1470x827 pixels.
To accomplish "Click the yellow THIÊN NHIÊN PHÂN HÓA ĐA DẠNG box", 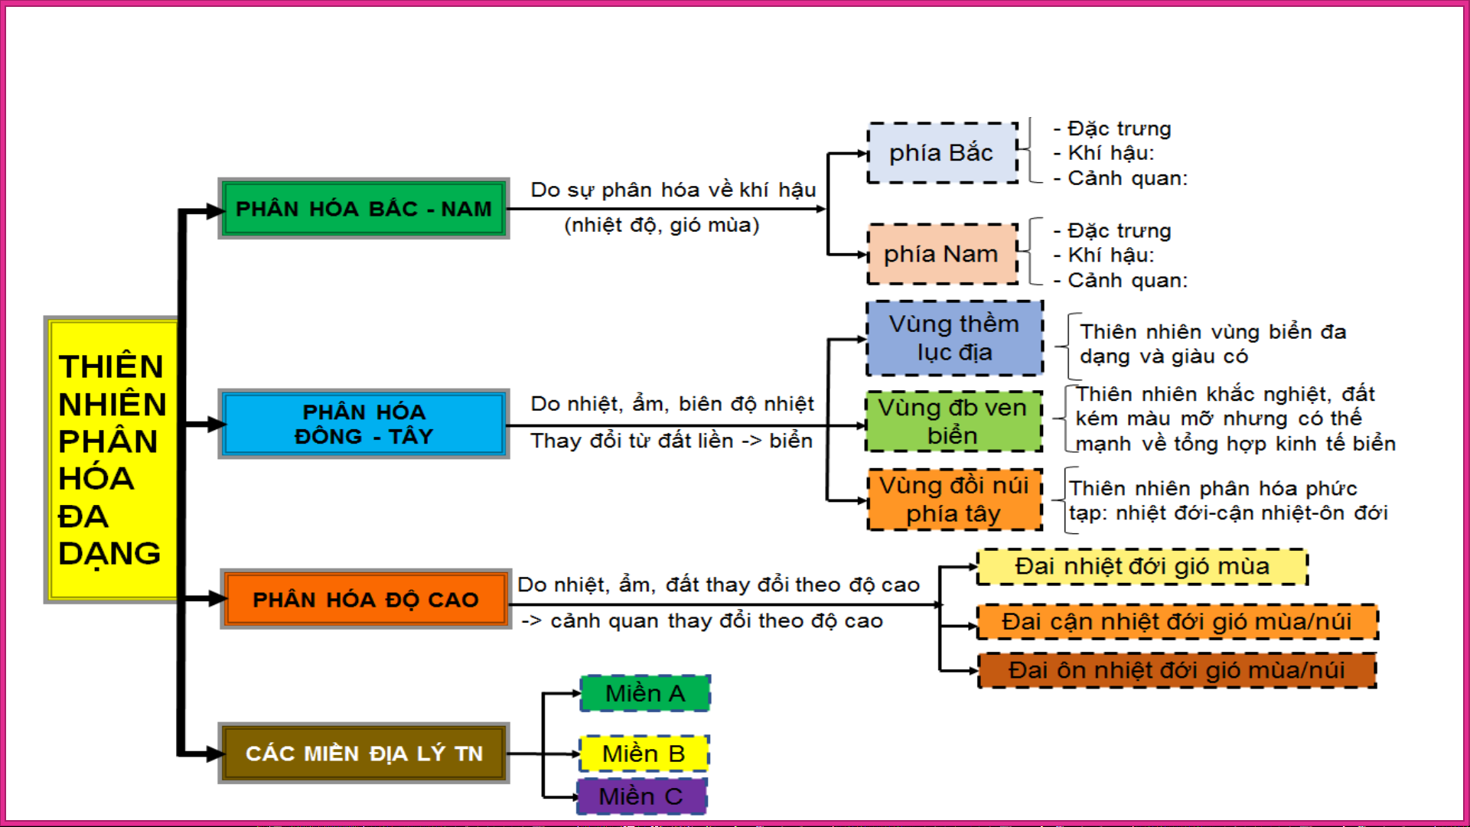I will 112,459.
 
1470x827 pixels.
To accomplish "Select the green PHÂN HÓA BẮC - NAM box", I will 363,209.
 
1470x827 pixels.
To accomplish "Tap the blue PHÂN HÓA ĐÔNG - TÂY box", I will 363,424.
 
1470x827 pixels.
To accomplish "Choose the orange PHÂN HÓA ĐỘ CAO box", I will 365,599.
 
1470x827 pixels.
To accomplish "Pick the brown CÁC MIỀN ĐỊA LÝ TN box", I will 363,754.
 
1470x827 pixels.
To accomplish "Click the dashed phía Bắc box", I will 942,153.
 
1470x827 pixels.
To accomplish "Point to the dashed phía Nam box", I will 942,254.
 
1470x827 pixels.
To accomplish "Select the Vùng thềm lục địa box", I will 954,338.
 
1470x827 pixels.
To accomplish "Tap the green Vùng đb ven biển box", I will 953,422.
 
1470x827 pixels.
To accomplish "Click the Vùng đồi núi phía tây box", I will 954,500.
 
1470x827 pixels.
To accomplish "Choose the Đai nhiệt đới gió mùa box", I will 1142,567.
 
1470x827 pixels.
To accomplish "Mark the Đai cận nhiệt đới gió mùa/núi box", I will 1177,622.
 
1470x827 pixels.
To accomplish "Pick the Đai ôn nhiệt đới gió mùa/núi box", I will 1176,670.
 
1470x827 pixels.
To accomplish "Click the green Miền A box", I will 645,694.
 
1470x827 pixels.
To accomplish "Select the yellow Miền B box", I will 644,754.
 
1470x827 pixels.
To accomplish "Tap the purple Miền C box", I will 641,796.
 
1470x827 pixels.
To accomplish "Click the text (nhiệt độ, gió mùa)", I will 662,226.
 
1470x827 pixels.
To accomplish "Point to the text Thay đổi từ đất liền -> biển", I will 671,441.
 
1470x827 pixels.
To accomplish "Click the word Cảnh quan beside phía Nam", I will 1127,281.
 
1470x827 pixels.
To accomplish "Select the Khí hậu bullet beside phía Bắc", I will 1110,153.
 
